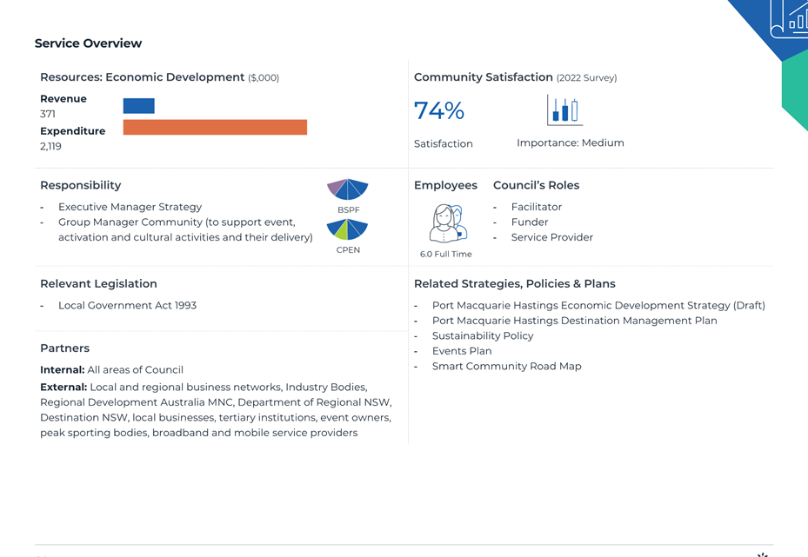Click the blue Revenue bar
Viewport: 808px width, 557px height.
click(138, 105)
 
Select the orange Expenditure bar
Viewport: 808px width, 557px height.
click(215, 127)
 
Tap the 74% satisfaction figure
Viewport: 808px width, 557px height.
click(439, 110)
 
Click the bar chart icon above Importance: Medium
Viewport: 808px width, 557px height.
click(564, 110)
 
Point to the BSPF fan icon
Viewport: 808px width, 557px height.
click(348, 189)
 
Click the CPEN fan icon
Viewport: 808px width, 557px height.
click(348, 229)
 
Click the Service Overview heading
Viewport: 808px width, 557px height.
click(88, 43)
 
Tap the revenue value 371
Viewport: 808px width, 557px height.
click(48, 114)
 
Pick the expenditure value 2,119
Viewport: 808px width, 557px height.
click(50, 146)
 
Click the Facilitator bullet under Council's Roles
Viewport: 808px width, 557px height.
click(537, 207)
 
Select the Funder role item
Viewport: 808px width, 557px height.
click(530, 222)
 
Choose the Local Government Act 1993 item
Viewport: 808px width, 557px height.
click(127, 305)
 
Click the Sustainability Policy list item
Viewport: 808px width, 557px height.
click(483, 335)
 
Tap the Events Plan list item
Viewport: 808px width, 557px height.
click(462, 351)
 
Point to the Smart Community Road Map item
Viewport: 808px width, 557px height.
click(506, 366)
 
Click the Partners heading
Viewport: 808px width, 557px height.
click(65, 348)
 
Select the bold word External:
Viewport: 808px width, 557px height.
click(63, 388)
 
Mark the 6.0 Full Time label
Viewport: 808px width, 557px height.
click(445, 254)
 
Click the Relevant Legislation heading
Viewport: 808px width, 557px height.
click(98, 283)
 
